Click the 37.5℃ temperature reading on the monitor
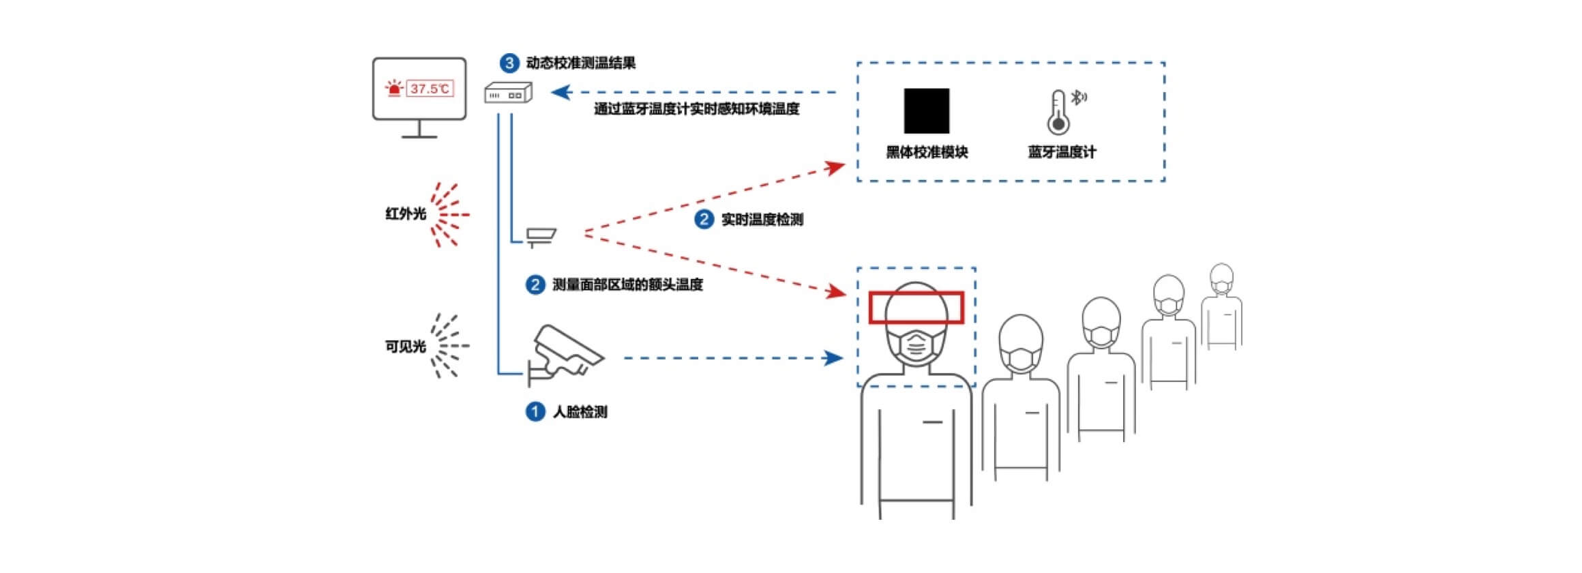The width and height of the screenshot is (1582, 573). pyautogui.click(x=430, y=89)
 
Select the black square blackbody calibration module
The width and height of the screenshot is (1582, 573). pyautogui.click(x=926, y=111)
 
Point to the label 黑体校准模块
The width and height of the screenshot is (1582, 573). pyautogui.click(x=926, y=152)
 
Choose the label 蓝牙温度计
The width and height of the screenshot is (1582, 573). pyautogui.click(x=1062, y=152)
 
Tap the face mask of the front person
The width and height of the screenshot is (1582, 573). pyautogui.click(x=916, y=347)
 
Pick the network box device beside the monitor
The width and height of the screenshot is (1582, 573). pyautogui.click(x=508, y=93)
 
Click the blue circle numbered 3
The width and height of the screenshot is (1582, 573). pyautogui.click(x=509, y=63)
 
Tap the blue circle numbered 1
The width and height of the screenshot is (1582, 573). pyautogui.click(x=535, y=411)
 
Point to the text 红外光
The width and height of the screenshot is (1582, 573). pyautogui.click(x=406, y=214)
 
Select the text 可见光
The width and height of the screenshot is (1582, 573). pyautogui.click(x=406, y=347)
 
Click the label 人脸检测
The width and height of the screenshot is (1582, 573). pyautogui.click(x=580, y=412)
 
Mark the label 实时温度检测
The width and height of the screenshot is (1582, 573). pyautogui.click(x=762, y=220)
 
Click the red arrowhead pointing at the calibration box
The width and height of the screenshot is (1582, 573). pyautogui.click(x=835, y=167)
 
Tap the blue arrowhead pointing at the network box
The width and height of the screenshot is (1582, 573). pyautogui.click(x=561, y=92)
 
